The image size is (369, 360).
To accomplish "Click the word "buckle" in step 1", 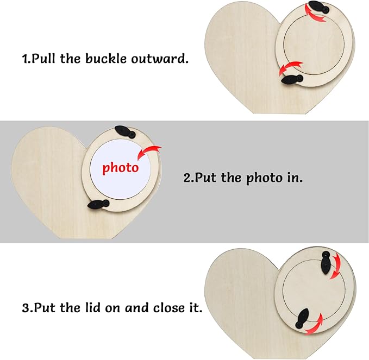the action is coord(105,58).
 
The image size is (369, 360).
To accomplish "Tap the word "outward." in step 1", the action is coord(160,59).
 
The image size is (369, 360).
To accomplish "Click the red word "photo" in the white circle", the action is coord(120,168).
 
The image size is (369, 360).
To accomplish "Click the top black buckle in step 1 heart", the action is coord(318,7).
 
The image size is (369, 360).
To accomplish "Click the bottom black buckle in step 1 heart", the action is coord(292,79).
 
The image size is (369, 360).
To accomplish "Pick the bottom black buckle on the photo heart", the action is coord(98,204).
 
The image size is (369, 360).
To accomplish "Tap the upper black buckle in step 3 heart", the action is coord(326,263).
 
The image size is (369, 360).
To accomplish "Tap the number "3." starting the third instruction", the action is coord(28,308).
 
